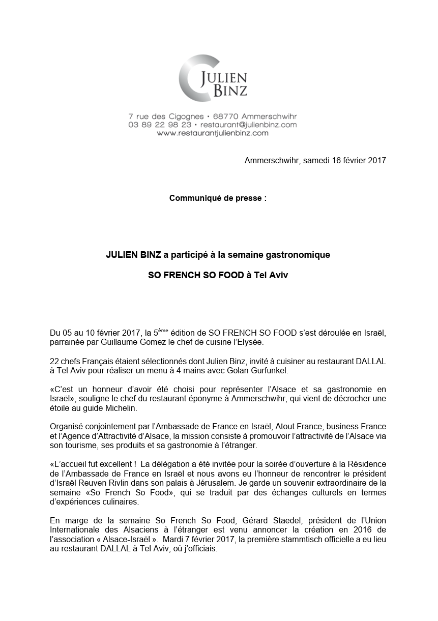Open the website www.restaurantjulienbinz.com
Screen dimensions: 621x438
[x=212, y=133]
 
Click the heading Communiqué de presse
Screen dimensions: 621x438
[x=217, y=198]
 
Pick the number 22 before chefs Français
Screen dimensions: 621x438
[x=54, y=361]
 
